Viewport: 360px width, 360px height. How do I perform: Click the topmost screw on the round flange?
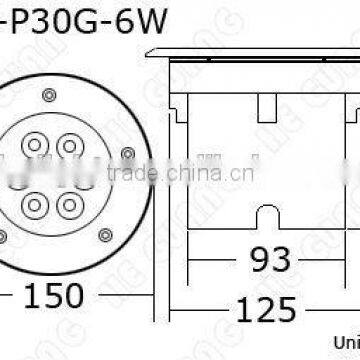48,92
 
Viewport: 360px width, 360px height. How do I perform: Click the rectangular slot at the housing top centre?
268,106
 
